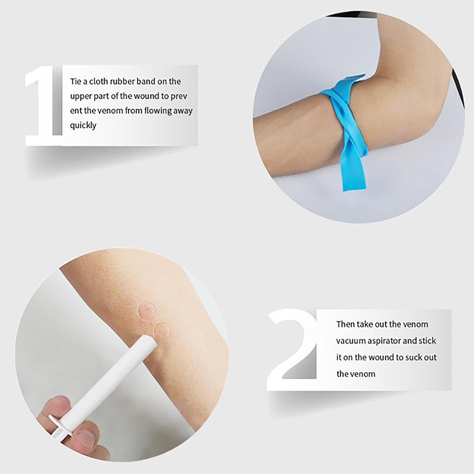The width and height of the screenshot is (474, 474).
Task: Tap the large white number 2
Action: pyautogui.click(x=292, y=349)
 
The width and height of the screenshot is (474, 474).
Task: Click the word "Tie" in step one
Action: pyautogui.click(x=76, y=81)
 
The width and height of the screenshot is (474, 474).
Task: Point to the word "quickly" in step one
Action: pyautogui.click(x=83, y=125)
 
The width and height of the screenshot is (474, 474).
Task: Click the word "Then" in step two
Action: pyautogui.click(x=345, y=324)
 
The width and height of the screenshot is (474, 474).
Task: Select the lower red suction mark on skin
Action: pyautogui.click(x=162, y=331)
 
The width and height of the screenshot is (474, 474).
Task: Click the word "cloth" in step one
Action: pyautogui.click(x=98, y=81)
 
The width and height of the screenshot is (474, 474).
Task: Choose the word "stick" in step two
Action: pyautogui.click(x=427, y=341)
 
